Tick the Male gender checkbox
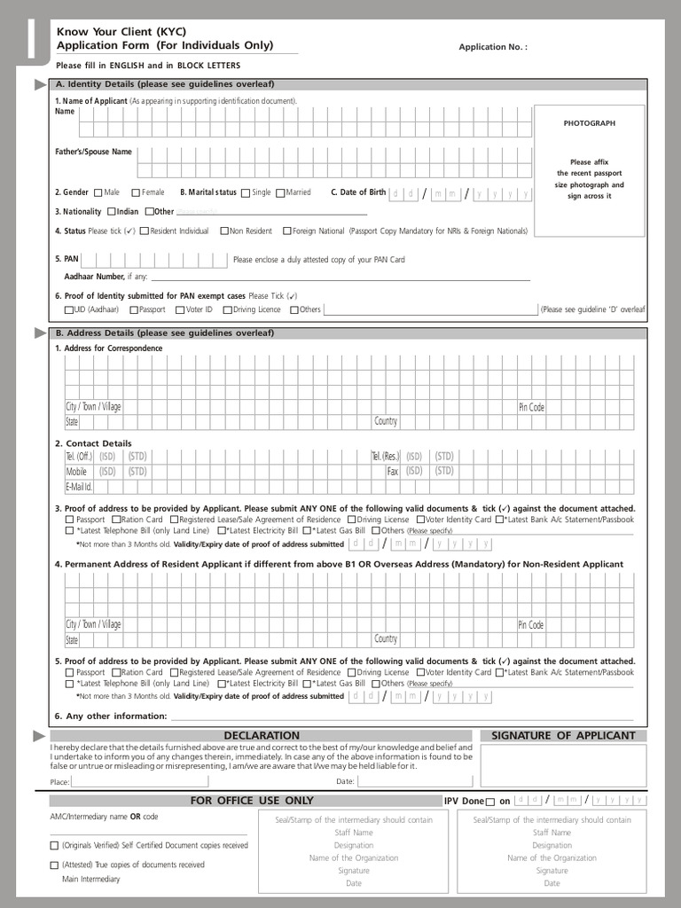click(98, 192)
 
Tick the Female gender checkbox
click(136, 192)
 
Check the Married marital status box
click(280, 192)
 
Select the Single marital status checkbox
click(246, 192)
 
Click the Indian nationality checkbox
click(112, 212)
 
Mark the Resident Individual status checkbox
click(145, 231)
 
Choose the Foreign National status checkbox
click(286, 231)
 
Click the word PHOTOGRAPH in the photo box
click(589, 123)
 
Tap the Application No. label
click(492, 47)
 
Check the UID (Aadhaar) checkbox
click(69, 310)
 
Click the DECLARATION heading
click(262, 735)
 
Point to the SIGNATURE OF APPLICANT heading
click(563, 735)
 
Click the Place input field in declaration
click(139, 781)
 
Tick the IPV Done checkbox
click(490, 802)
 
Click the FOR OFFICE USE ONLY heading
click(252, 801)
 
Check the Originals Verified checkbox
click(55, 846)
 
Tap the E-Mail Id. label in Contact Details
click(79, 487)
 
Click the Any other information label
click(111, 716)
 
